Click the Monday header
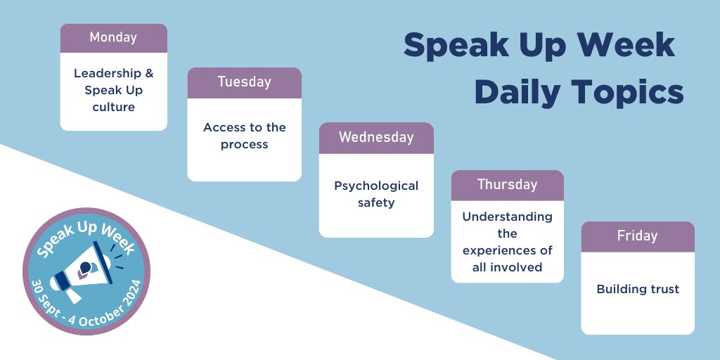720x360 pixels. (x=113, y=38)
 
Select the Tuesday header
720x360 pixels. (x=244, y=82)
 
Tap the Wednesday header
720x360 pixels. (x=376, y=138)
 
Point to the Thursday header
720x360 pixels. (x=507, y=185)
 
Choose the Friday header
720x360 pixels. (x=637, y=236)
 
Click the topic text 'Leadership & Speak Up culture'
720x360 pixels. (x=113, y=90)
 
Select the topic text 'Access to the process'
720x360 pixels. (x=244, y=136)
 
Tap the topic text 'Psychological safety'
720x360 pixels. (x=376, y=194)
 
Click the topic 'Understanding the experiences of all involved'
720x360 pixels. (x=507, y=241)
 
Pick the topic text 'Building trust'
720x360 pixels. (x=637, y=289)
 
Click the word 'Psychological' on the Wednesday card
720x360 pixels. (x=376, y=186)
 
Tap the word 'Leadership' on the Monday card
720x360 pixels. (x=113, y=74)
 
